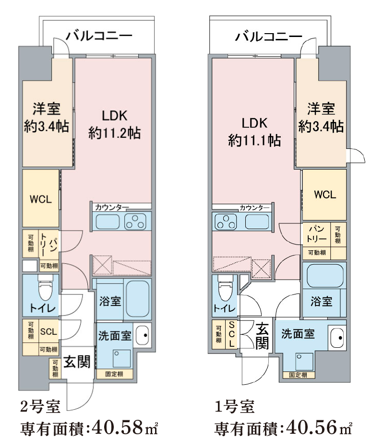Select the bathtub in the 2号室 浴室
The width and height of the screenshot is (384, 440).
pos(138,298)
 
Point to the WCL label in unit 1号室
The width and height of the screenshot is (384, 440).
pos(325,195)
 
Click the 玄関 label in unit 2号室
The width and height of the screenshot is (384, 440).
pos(77,362)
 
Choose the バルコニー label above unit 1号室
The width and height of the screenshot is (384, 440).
pos(268,37)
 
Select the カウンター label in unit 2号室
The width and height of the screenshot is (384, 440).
pos(111,207)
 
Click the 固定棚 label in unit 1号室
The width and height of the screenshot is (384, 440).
pos(298,375)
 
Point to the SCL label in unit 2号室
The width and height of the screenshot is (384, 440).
pos(48,331)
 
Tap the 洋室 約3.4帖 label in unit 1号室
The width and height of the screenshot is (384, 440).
pos(321,118)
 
